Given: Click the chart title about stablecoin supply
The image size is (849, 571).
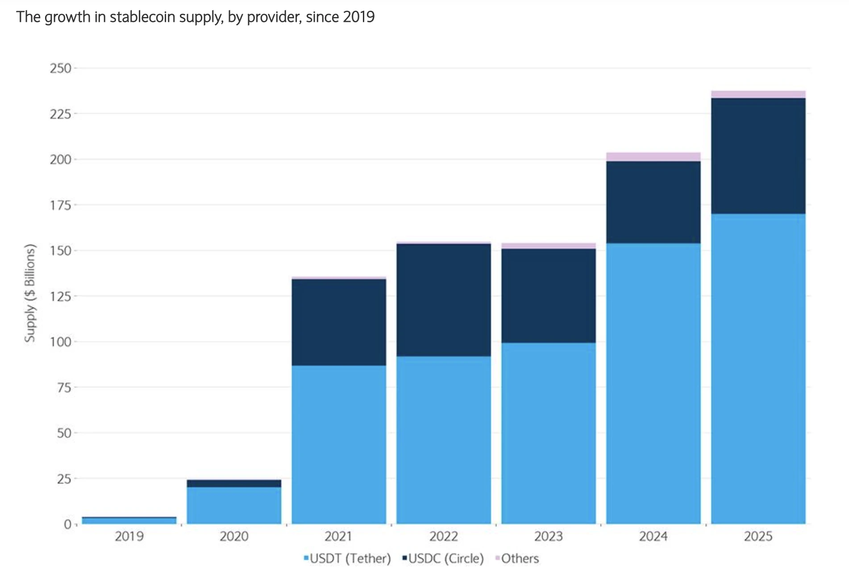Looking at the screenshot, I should coord(195,17).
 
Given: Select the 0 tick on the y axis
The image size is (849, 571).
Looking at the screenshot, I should coord(67,524).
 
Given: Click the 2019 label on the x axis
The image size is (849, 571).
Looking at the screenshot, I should coord(129,536).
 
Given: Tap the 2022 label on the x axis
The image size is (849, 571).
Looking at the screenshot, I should coord(444,536).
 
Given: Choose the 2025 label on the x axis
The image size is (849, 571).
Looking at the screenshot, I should coord(758,536).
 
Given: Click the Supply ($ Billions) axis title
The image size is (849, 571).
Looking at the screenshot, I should coord(29,293).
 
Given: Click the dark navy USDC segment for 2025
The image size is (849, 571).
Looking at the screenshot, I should coord(758,156).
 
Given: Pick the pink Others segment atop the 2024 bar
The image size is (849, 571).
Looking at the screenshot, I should coord(653,157).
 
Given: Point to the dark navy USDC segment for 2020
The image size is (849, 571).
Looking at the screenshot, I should coord(234,484).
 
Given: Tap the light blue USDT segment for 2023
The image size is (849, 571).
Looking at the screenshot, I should coord(548,433).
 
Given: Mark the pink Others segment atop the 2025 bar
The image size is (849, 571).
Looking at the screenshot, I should coord(758,95).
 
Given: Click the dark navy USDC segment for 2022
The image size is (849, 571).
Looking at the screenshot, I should coord(444,300).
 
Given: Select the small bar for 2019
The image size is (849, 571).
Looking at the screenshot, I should coord(129,521).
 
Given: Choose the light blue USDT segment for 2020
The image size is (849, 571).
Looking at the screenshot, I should coord(234,505).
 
